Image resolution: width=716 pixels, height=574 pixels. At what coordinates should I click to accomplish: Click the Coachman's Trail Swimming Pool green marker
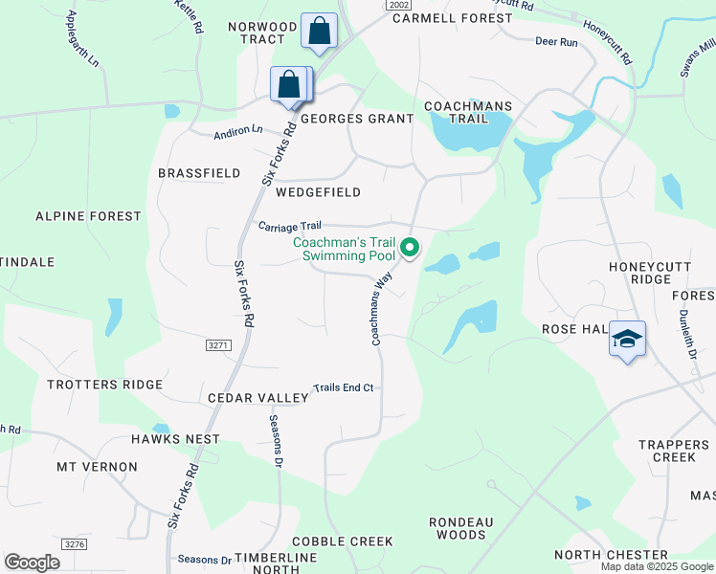click(x=410, y=248)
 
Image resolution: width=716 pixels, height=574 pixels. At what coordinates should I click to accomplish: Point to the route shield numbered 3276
click(x=74, y=543)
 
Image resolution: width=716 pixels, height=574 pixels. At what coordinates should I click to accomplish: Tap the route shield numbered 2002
click(x=400, y=5)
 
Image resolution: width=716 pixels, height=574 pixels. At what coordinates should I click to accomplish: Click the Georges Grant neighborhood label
click(x=357, y=119)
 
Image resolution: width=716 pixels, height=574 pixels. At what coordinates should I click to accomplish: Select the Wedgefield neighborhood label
click(x=318, y=192)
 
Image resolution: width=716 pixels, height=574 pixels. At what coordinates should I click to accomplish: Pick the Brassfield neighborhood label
click(x=199, y=173)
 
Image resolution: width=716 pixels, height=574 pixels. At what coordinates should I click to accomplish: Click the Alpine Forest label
click(x=88, y=216)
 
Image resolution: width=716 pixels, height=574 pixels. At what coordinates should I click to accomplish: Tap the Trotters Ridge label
click(x=105, y=385)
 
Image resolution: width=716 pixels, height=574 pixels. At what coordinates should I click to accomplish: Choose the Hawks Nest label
click(x=175, y=439)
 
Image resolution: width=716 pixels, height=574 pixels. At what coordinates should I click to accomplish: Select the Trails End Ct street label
click(x=343, y=388)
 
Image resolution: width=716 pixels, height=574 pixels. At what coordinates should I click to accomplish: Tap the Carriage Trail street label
click(x=289, y=226)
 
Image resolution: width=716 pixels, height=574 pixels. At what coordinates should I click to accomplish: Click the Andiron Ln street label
click(x=237, y=130)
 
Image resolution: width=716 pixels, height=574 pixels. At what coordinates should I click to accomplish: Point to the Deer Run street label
click(x=556, y=42)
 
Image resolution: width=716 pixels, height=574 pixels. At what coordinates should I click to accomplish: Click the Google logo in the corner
click(x=32, y=563)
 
